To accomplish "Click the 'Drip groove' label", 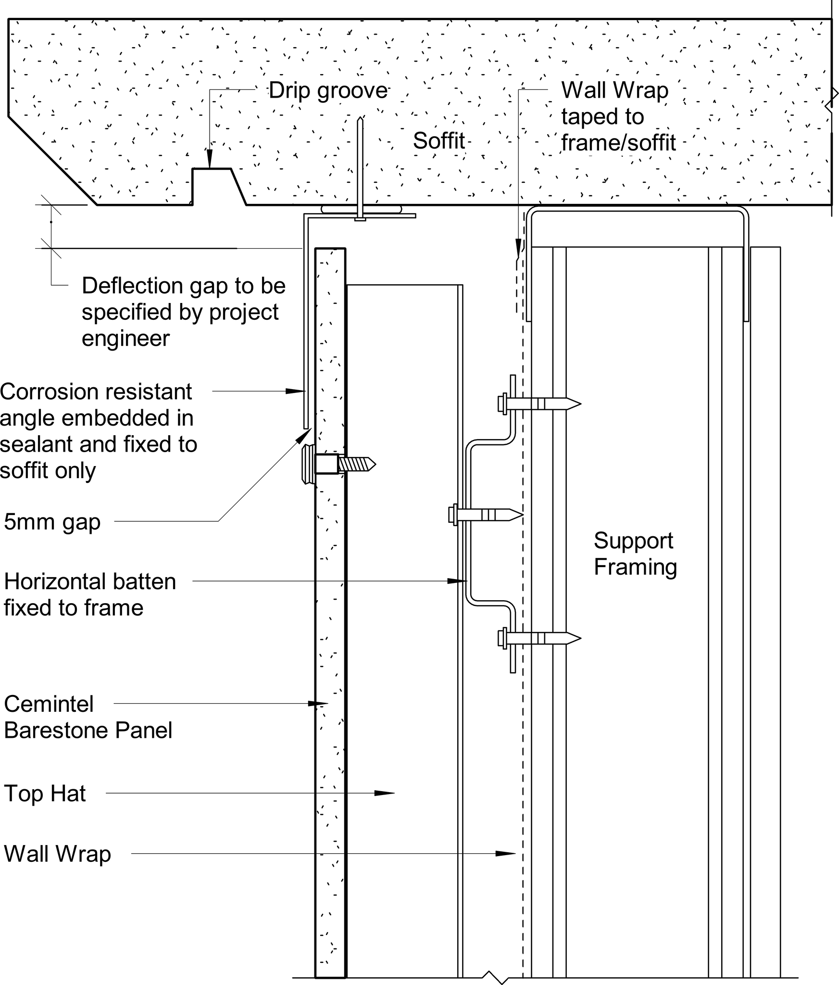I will pyautogui.click(x=328, y=90).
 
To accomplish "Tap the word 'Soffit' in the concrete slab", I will pyautogui.click(x=438, y=141).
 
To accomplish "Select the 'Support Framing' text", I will pyautogui.click(x=635, y=554).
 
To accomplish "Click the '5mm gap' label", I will pyautogui.click(x=52, y=522).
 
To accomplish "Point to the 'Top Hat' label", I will pyautogui.click(x=45, y=794).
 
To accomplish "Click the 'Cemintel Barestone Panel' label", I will pyautogui.click(x=88, y=717).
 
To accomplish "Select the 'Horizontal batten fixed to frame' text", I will pyautogui.click(x=89, y=594).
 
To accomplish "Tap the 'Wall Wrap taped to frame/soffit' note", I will pyautogui.click(x=618, y=117).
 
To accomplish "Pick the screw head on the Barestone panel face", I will pyautogui.click(x=308, y=464).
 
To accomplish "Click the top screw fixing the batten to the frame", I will pyautogui.click(x=538, y=403).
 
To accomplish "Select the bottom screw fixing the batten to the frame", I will pyautogui.click(x=538, y=638).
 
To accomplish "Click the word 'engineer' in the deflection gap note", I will pyautogui.click(x=125, y=339).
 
